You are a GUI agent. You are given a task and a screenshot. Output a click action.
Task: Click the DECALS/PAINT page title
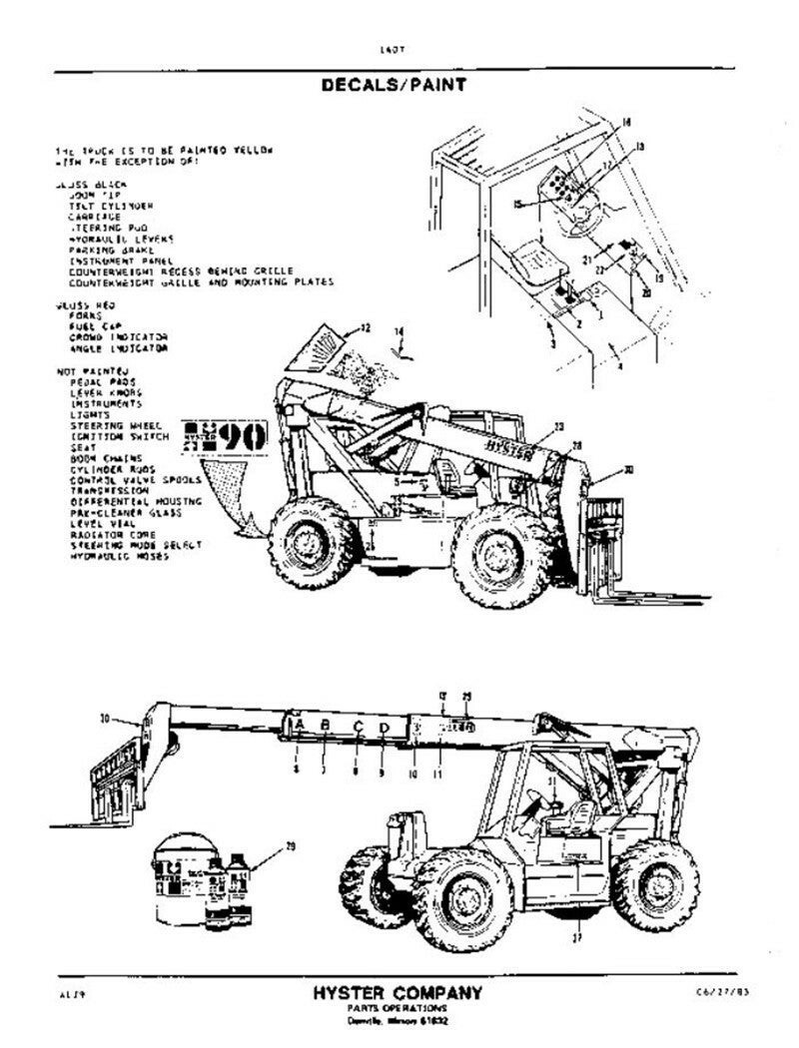tap(393, 85)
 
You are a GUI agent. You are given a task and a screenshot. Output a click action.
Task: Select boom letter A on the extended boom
tap(300, 725)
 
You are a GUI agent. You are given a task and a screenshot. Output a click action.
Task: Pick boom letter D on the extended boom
tap(385, 728)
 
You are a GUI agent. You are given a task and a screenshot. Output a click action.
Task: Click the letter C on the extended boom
tap(357, 726)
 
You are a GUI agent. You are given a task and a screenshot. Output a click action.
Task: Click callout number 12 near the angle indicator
tap(366, 328)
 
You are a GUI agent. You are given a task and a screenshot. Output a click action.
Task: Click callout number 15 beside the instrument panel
tap(517, 205)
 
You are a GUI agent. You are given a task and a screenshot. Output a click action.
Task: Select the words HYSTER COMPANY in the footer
tap(398, 992)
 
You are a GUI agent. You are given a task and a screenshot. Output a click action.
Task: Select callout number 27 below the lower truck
tap(576, 937)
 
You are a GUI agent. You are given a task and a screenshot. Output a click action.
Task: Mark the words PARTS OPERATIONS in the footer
tap(397, 1008)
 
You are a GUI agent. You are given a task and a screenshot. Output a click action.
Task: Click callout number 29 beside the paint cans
tap(291, 847)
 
